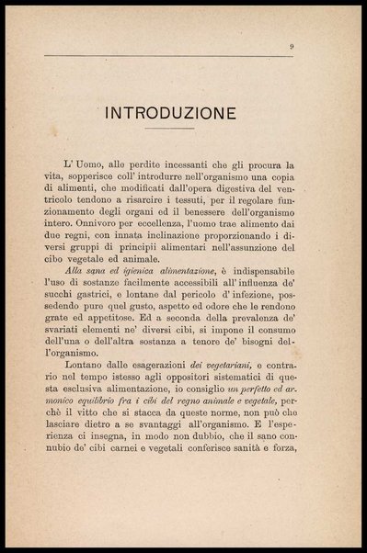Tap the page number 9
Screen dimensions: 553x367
291,46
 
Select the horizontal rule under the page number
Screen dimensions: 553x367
175,57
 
